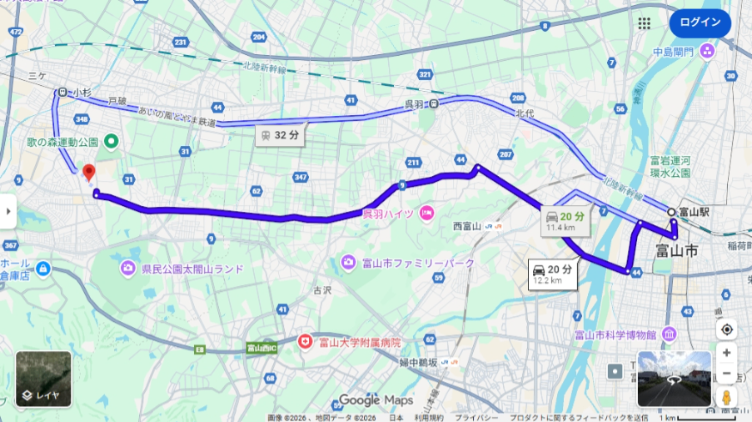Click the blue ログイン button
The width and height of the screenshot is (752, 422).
click(x=700, y=23)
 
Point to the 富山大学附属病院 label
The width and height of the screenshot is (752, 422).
click(x=359, y=342)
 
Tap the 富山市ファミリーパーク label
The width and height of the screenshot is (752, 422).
click(x=417, y=264)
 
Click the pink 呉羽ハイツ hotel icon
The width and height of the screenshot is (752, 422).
click(x=427, y=214)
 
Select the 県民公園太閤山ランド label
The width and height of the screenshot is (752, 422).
click(x=192, y=269)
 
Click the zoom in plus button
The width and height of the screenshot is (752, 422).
click(x=727, y=353)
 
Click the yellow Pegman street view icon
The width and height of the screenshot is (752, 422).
click(x=727, y=397)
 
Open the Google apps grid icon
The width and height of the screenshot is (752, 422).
click(x=644, y=23)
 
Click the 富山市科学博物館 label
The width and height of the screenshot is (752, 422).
click(x=615, y=334)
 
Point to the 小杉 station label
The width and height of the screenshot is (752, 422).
click(x=81, y=93)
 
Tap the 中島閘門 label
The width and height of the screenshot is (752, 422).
click(x=674, y=52)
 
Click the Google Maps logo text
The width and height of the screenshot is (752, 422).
click(x=376, y=400)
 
